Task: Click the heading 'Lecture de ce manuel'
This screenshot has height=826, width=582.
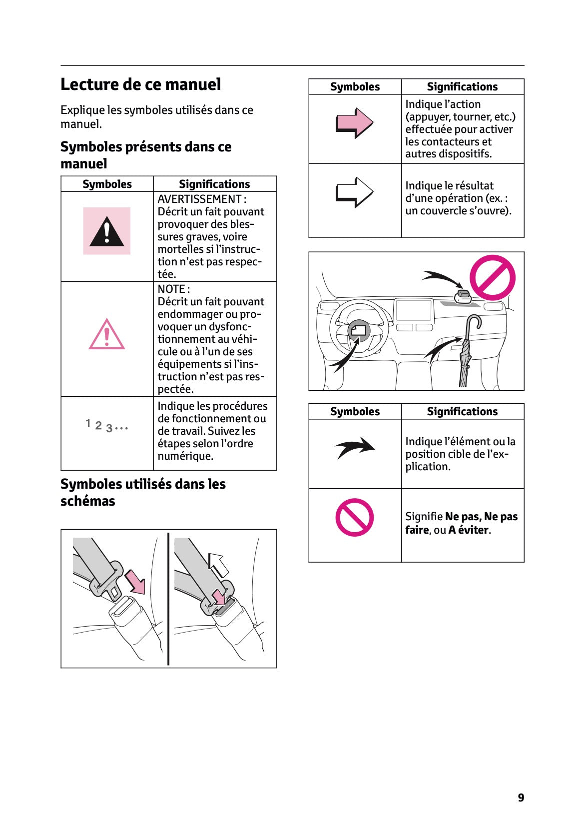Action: [140, 84]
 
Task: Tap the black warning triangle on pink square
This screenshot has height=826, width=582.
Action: [106, 231]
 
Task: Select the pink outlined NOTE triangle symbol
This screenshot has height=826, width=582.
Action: [106, 334]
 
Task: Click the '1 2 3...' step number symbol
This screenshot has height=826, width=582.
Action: [106, 426]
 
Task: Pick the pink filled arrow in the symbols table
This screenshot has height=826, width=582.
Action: [354, 123]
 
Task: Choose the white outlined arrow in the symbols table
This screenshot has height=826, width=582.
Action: [354, 192]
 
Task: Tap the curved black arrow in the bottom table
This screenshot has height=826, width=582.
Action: [354, 447]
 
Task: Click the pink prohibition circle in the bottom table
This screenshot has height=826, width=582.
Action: [354, 517]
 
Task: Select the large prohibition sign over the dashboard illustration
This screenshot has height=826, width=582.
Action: [492, 278]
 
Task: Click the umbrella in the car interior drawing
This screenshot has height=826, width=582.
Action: [467, 352]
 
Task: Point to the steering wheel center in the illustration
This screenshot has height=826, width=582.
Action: [359, 330]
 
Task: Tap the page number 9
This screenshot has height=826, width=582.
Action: [521, 798]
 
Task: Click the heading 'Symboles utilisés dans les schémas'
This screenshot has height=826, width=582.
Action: [143, 492]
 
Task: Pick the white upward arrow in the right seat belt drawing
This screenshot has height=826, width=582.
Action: [218, 565]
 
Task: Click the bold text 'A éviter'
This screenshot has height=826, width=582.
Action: [469, 530]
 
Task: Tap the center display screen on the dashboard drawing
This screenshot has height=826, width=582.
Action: [413, 310]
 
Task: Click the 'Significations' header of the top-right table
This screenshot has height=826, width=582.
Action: [462, 87]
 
